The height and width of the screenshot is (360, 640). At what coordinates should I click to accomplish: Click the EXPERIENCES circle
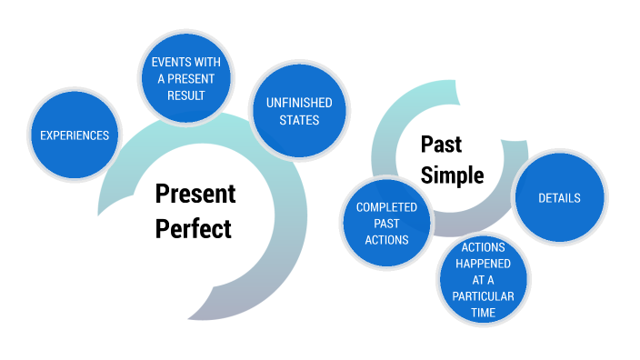tap(75, 135)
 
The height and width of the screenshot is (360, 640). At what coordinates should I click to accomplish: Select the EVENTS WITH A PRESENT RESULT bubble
tap(185, 77)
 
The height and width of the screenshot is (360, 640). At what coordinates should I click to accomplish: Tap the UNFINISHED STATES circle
tap(299, 111)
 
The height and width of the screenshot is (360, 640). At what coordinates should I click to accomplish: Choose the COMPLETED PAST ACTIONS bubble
tap(386, 223)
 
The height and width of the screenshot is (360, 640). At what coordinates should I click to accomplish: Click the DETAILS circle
tap(559, 197)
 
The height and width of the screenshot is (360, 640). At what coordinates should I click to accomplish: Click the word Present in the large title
tap(195, 195)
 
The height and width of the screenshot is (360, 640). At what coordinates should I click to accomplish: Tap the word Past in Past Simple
tap(441, 145)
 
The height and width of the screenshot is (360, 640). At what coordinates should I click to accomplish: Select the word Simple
tap(452, 175)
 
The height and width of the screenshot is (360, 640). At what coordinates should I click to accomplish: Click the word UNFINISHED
tap(299, 103)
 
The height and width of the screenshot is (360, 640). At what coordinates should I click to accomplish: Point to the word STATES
tap(299, 120)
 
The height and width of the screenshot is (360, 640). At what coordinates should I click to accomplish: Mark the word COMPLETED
tap(386, 207)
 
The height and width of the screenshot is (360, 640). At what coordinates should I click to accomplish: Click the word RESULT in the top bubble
tap(185, 95)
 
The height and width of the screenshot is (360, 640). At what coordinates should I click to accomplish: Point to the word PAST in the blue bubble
tap(386, 224)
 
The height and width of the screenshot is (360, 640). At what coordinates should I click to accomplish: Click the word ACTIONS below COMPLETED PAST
tap(386, 240)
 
